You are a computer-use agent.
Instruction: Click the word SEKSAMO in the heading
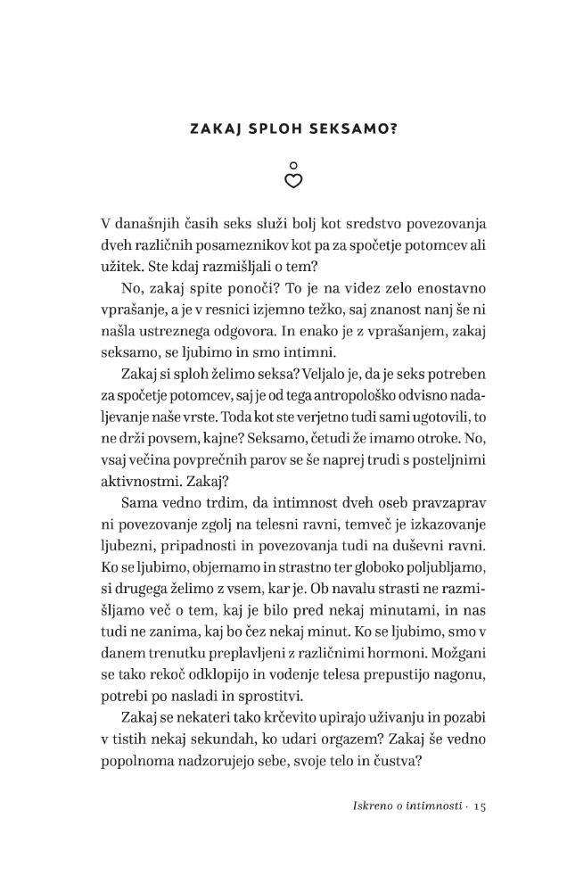344,129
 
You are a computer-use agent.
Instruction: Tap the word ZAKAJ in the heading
218,129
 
